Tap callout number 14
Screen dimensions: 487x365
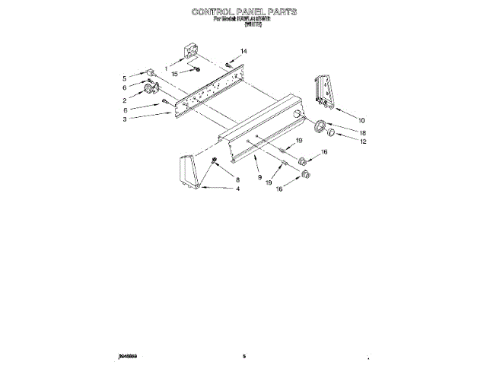[x=244, y=52]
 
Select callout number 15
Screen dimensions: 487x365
[x=174, y=74]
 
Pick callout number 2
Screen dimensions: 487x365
[x=124, y=100]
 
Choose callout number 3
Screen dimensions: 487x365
[x=124, y=119]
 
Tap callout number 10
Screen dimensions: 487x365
[x=361, y=120]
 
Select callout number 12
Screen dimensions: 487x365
[x=363, y=141]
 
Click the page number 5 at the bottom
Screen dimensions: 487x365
[x=244, y=355]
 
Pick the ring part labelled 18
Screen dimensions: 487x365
[x=321, y=126]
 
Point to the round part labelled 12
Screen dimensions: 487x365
[x=333, y=135]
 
